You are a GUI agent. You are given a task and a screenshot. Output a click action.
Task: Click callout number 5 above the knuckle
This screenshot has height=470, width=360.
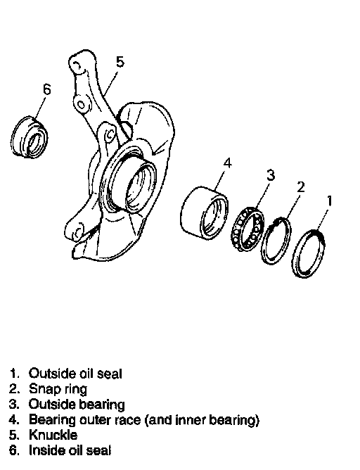pyautogui.click(x=120, y=62)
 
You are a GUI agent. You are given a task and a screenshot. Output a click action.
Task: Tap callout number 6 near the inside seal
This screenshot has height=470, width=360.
pyautogui.click(x=47, y=89)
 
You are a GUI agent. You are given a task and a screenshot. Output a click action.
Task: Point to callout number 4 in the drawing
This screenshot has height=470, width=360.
pyautogui.click(x=227, y=163)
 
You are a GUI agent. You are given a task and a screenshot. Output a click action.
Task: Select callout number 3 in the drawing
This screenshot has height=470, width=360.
pyautogui.click(x=271, y=175)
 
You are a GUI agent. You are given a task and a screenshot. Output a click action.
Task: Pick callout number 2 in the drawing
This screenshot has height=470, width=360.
pyautogui.click(x=300, y=187)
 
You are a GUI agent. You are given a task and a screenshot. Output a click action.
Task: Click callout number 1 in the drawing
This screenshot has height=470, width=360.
pyautogui.click(x=330, y=201)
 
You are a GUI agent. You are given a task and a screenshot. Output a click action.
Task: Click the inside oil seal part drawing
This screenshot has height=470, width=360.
pyautogui.click(x=30, y=137)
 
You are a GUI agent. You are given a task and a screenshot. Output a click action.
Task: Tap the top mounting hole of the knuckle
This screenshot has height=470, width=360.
pyautogui.click(x=77, y=65)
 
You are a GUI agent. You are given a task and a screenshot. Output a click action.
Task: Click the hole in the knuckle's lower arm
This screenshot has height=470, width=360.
pyautogui.click(x=77, y=231)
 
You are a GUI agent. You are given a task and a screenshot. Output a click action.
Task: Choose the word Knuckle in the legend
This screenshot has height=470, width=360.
pyautogui.click(x=53, y=435)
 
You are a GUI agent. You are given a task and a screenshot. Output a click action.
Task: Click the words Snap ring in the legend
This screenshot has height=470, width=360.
pyautogui.click(x=58, y=389)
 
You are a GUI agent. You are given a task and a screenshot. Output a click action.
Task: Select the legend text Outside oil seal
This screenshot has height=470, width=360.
pyautogui.click(x=75, y=374)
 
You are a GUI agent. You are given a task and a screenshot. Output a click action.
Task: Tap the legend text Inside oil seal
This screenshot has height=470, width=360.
pyautogui.click(x=70, y=450)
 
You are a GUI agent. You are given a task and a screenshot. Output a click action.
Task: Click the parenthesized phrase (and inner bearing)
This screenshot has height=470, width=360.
pyautogui.click(x=202, y=420)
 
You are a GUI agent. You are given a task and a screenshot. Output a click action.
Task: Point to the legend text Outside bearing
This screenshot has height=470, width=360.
pyautogui.click(x=77, y=405)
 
